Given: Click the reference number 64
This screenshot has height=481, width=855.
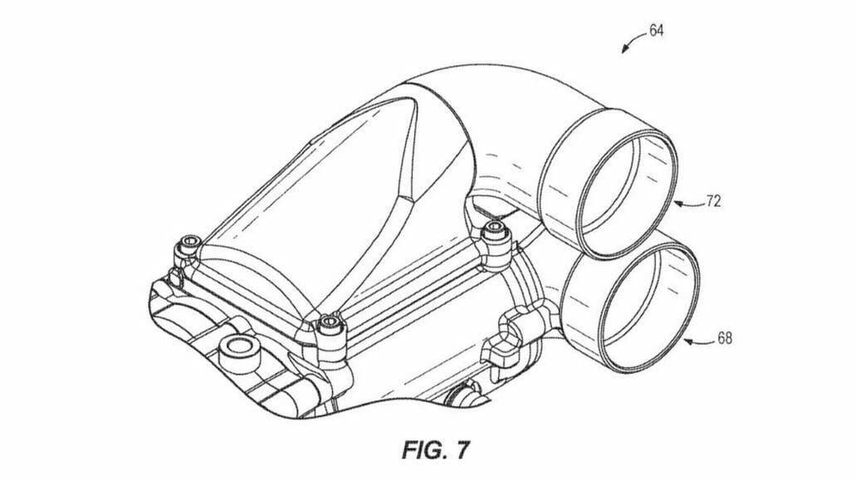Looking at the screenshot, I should point(657,31).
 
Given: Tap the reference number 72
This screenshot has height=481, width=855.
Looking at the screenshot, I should point(713,202).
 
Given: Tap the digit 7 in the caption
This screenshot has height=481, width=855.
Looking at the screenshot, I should point(463,451).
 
